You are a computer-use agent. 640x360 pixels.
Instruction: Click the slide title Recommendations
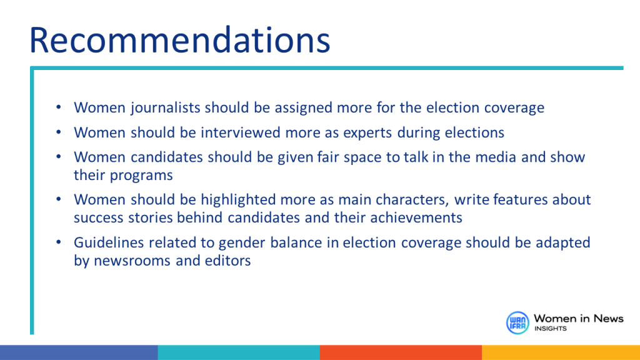click(179, 40)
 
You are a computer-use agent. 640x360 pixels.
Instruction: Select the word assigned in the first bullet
click(303, 108)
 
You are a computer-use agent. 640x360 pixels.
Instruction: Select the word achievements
click(416, 217)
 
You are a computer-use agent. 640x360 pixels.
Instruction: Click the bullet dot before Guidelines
click(59, 242)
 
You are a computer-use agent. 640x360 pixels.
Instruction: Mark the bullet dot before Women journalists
click(59, 107)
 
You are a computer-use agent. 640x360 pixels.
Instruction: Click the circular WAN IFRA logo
click(517, 322)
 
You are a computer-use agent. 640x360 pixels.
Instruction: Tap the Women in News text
click(578, 318)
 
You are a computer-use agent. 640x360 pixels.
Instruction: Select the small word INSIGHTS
click(551, 329)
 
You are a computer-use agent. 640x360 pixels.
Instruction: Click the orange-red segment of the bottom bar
click(401, 352)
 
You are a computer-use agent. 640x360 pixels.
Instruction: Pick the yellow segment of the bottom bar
click(561, 352)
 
